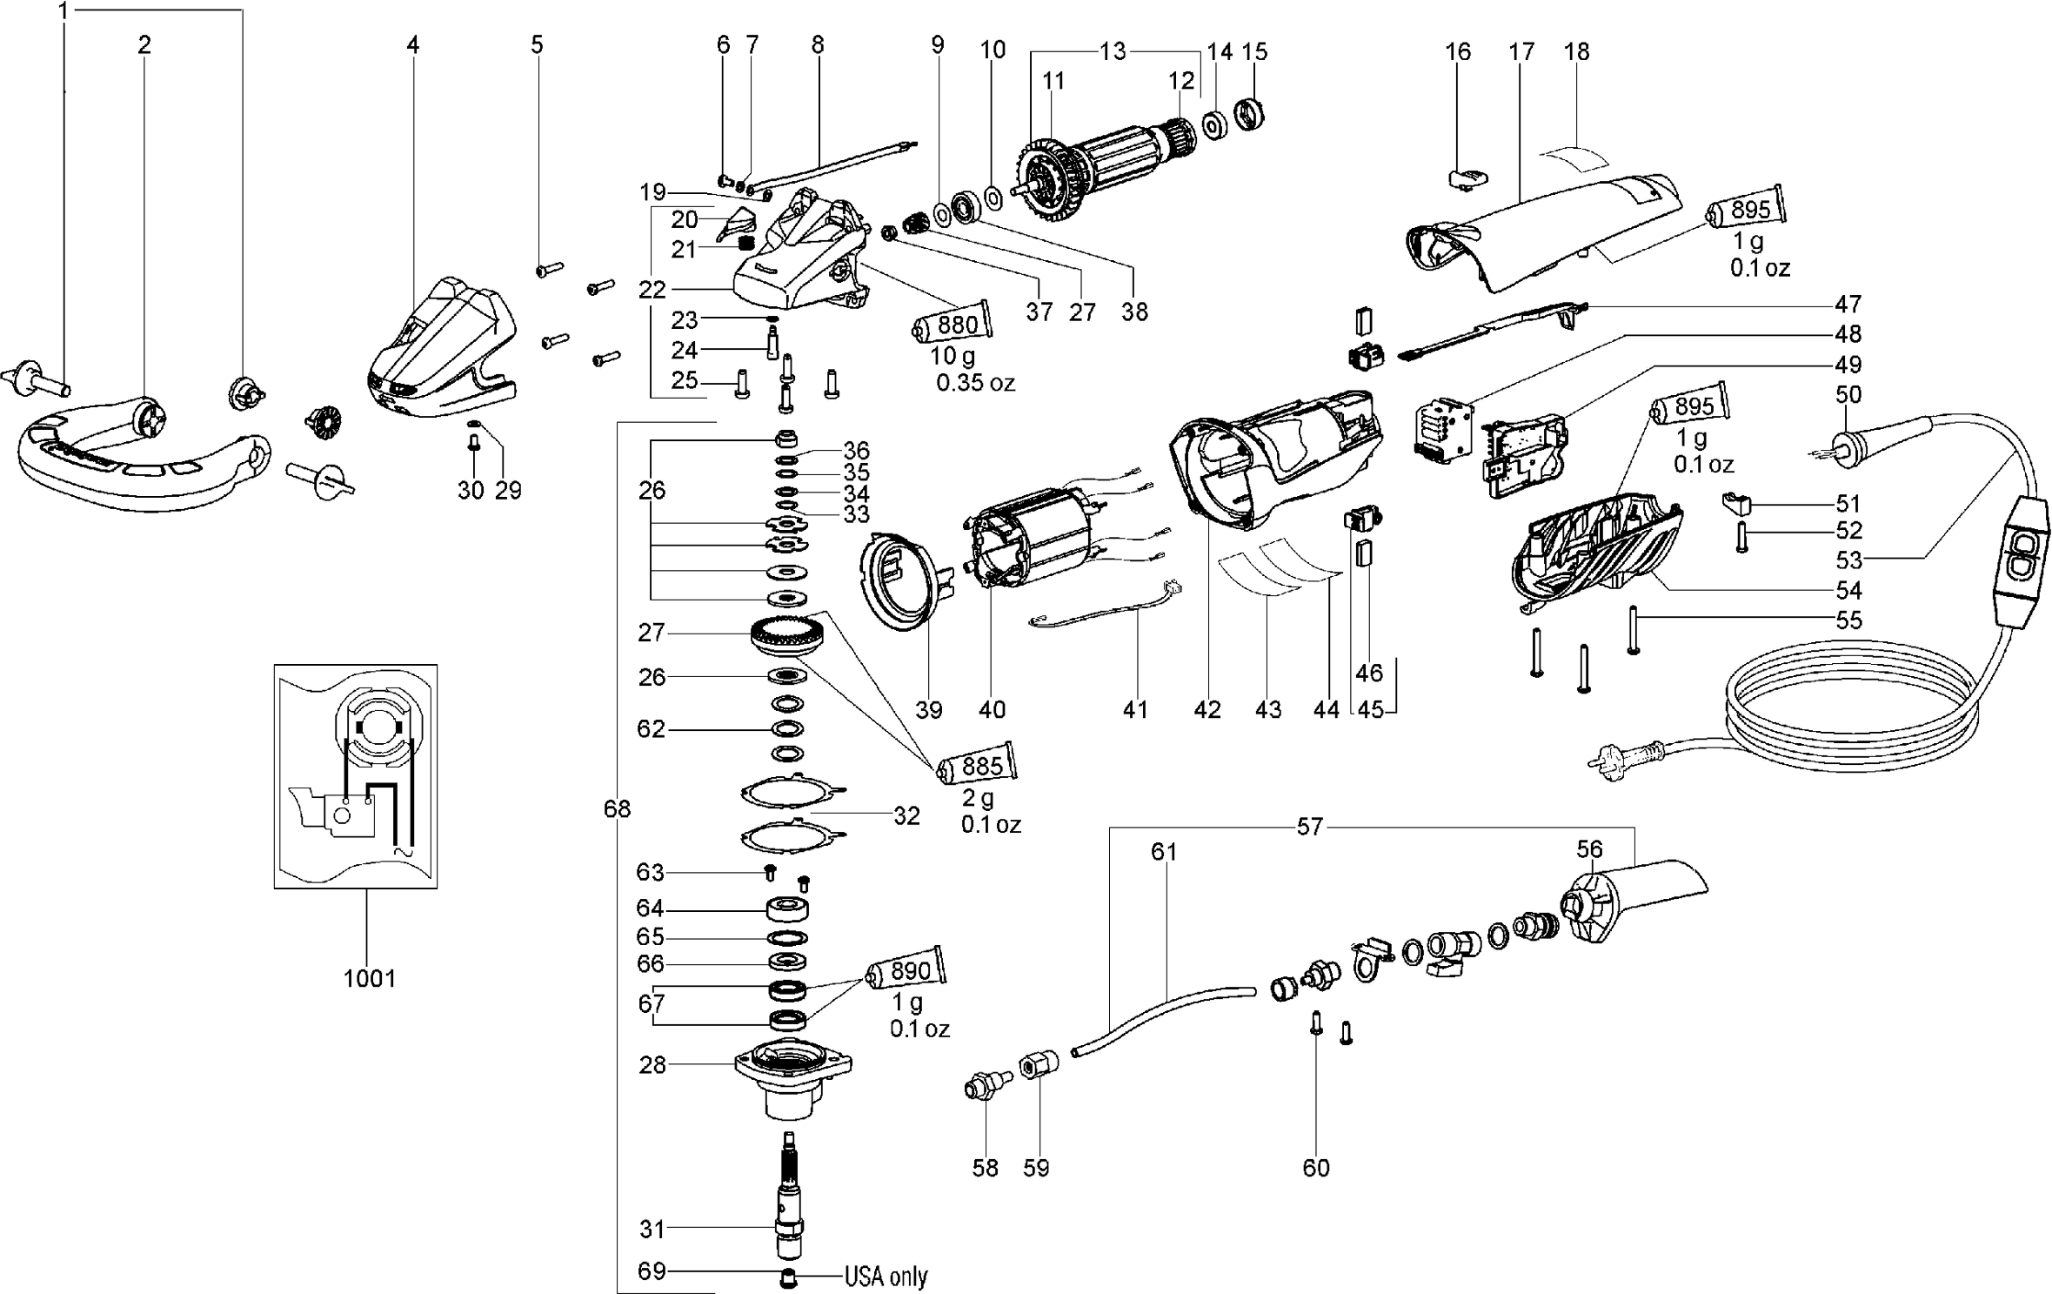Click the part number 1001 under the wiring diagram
pos(369,978)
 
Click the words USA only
pos(886,1277)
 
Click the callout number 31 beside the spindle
pos(652,1229)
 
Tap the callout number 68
pos(617,809)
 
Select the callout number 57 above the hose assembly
pos(1309,827)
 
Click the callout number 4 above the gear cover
pos(412,44)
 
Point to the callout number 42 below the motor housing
pos(1206,709)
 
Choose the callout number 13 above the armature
pos(1113,51)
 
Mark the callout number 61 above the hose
pos(1163,852)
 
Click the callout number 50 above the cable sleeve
pos(1848,394)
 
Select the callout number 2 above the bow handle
pos(144,44)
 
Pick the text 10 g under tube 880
pos(952,356)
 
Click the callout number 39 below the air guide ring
pos(929,709)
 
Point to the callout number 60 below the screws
pos(1315,1167)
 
